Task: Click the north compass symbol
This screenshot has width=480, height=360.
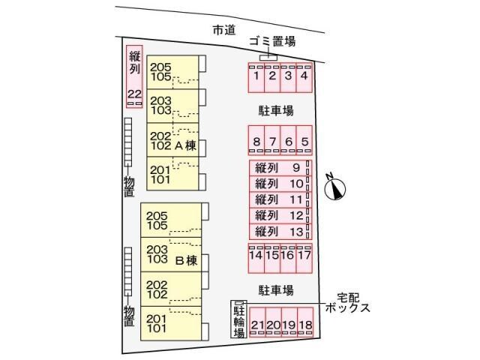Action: [x=334, y=188]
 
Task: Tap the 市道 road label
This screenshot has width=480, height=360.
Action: [x=224, y=30]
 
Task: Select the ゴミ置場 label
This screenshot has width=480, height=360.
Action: [x=272, y=41]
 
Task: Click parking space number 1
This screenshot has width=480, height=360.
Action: [x=256, y=78]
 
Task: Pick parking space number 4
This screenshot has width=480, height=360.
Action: [x=304, y=78]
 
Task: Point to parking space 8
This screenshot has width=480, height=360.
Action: [x=256, y=140]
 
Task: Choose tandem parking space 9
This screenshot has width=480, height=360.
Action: [x=280, y=168]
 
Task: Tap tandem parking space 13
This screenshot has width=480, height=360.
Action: [x=280, y=232]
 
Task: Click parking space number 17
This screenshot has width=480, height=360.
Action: [x=304, y=258]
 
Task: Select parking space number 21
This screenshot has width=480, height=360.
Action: [x=257, y=322]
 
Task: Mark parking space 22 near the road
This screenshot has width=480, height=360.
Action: [x=135, y=76]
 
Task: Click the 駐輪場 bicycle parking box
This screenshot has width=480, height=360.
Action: [x=238, y=319]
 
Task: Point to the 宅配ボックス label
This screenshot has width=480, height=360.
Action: [x=348, y=302]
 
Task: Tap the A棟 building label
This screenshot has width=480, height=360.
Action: [x=185, y=145]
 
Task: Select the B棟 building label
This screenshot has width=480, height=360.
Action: [x=186, y=261]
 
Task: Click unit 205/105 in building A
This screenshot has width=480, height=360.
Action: [x=172, y=72]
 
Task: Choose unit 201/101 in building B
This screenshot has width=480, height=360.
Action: [x=171, y=323]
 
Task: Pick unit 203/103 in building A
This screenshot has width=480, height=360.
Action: [x=172, y=106]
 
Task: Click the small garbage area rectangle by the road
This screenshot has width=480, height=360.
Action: [x=268, y=58]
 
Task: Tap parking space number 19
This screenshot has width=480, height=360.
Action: [x=289, y=322]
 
